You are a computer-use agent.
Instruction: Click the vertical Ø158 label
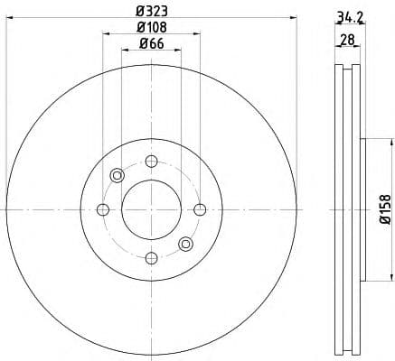[384, 209]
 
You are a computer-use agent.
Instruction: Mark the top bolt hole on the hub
[151, 162]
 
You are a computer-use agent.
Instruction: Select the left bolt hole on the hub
[103, 209]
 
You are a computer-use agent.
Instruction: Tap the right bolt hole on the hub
[199, 209]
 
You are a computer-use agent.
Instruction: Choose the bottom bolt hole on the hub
[151, 257]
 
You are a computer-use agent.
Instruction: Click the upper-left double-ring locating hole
[117, 175]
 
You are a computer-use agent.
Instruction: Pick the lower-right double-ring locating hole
[185, 243]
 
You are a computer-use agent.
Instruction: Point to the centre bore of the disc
[151, 209]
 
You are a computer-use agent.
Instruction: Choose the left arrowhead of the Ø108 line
[106, 34]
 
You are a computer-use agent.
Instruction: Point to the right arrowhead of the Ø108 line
[196, 34]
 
